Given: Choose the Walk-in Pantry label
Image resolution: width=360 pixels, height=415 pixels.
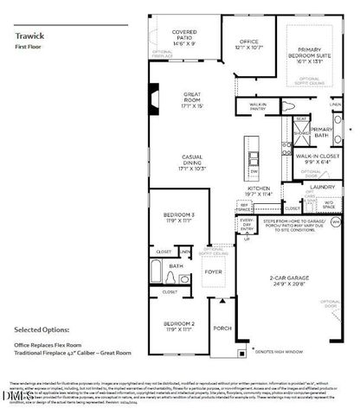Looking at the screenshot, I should point(257,108).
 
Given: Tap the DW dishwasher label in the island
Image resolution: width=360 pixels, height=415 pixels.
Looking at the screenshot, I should point(254,170).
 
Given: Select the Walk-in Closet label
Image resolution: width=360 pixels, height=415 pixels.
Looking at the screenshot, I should point(313,159).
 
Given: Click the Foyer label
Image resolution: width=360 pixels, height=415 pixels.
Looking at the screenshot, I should point(214,271).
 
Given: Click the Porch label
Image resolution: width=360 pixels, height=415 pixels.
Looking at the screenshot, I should point(222,328).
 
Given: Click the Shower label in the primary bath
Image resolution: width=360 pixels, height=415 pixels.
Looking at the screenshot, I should point(302,134).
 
